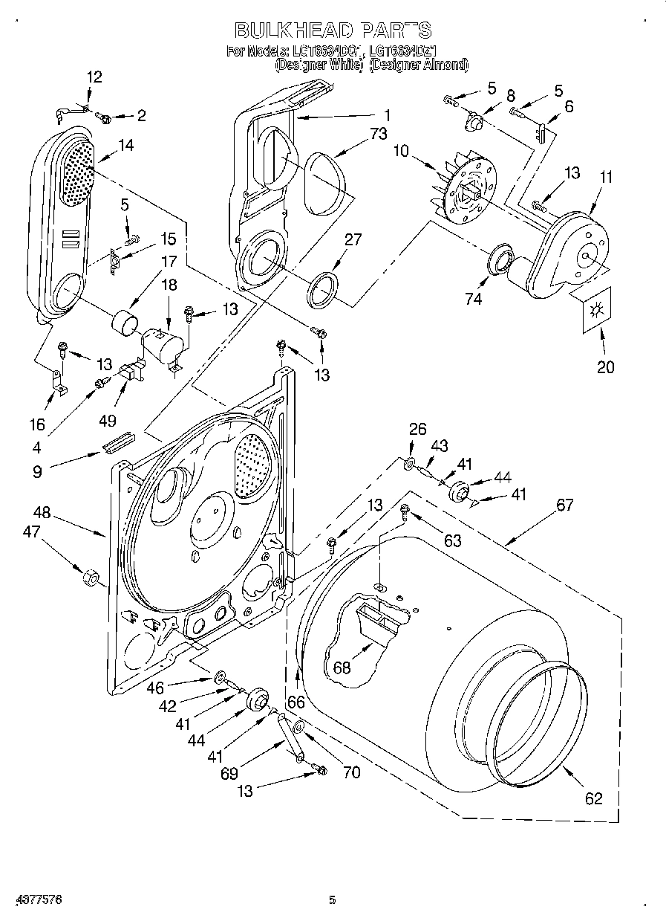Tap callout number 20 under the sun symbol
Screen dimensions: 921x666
tap(605, 367)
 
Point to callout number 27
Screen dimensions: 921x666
tap(353, 239)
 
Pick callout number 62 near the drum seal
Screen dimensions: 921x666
tap(593, 798)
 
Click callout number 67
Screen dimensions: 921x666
tap(564, 505)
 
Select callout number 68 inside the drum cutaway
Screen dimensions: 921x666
tap(342, 668)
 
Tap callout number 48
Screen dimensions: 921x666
tap(42, 512)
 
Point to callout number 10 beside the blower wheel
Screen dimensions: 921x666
tap(401, 152)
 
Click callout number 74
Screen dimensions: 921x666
tap(473, 299)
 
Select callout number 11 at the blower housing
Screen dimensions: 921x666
tap(607, 177)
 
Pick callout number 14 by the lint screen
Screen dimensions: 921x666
tap(125, 146)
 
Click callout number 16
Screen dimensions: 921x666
tap(36, 424)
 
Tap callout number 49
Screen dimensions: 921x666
tap(107, 421)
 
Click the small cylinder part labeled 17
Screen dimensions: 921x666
tap(124, 325)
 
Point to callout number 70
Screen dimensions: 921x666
tap(351, 772)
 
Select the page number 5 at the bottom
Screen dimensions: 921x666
tap(333, 900)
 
